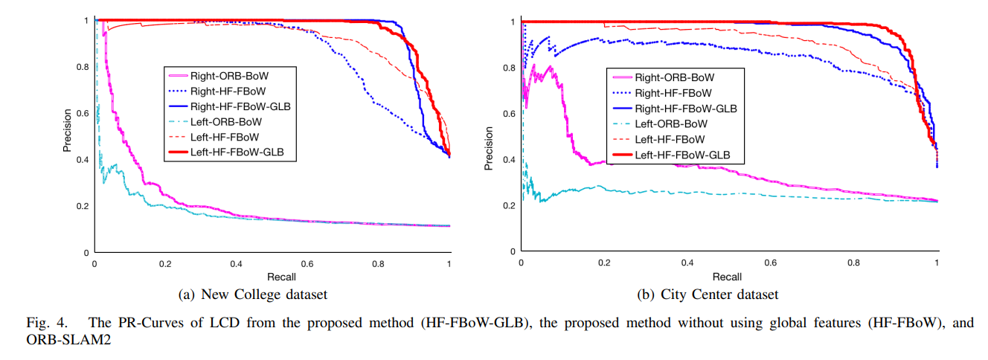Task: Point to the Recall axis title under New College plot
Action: tap(272, 277)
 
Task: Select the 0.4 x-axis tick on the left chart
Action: tap(236, 265)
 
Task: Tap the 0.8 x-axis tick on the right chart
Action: tap(853, 264)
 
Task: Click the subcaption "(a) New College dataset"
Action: tap(253, 295)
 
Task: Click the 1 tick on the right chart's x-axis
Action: tap(937, 264)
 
